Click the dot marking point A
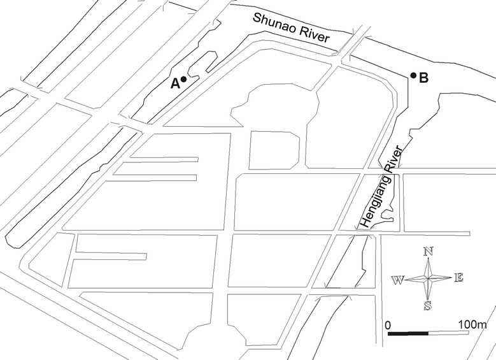tap(183, 79)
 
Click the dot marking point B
tap(413, 76)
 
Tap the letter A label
tap(174, 82)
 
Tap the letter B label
tap(423, 79)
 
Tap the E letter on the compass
tap(458, 277)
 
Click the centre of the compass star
tap(428, 278)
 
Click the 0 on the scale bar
tap(388, 325)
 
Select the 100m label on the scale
tap(471, 325)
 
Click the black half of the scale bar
tap(408, 333)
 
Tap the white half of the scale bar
tap(450, 333)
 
